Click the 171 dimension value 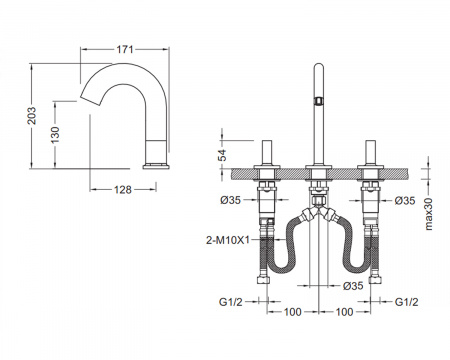click(125, 49)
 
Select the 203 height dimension click(32, 116)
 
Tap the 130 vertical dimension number click(55, 135)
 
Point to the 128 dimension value click(123, 190)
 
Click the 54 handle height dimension click(222, 155)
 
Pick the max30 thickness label click(429, 214)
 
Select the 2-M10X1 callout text click(228, 240)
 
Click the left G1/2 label click(231, 302)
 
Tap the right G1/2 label click(406, 302)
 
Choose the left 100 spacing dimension click(292, 312)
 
